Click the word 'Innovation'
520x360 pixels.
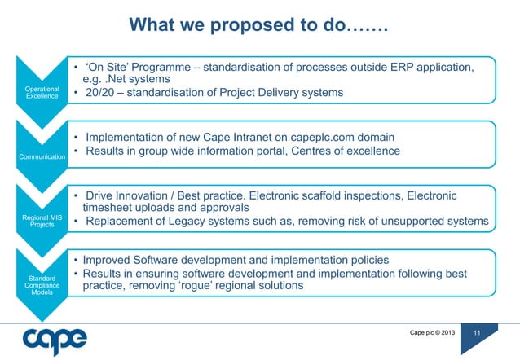click(146, 195)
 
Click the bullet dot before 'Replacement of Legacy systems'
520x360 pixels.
click(75, 222)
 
